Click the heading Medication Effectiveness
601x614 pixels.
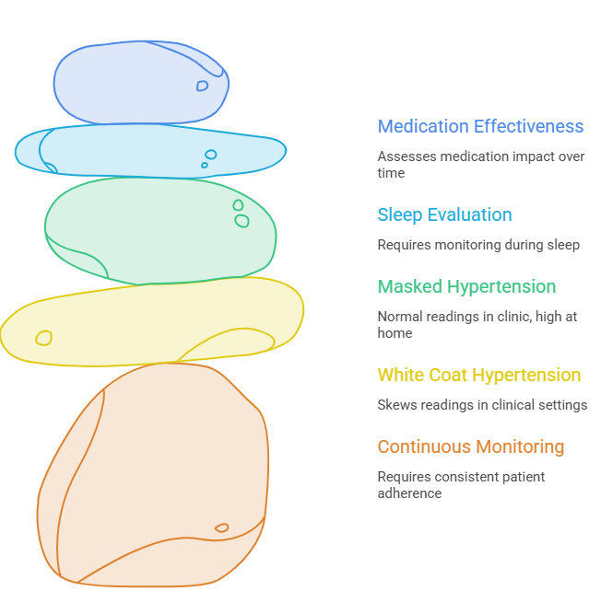pyautogui.click(x=480, y=126)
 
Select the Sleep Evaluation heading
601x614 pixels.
pyautogui.click(x=444, y=215)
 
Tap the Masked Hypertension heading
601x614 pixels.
pyautogui.click(x=466, y=286)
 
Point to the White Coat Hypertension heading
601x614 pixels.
pyautogui.click(x=479, y=376)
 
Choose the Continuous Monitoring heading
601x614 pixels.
pyautogui.click(x=471, y=446)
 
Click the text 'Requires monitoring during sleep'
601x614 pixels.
pyautogui.click(x=478, y=245)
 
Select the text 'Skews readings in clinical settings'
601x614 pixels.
pyautogui.click(x=482, y=405)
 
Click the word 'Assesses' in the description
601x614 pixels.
pyautogui.click(x=407, y=156)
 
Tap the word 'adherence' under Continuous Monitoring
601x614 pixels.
pyautogui.click(x=409, y=493)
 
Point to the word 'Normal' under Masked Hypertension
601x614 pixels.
pyautogui.click(x=399, y=317)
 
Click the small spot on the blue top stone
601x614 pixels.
pyautogui.click(x=202, y=86)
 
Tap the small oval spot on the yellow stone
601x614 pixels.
pyautogui.click(x=43, y=339)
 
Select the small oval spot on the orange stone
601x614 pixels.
pyautogui.click(x=222, y=527)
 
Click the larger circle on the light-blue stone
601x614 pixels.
pyautogui.click(x=211, y=155)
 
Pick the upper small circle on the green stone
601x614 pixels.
pyautogui.click(x=238, y=205)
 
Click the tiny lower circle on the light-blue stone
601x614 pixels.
pyautogui.click(x=205, y=166)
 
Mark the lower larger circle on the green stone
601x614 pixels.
pyautogui.click(x=242, y=221)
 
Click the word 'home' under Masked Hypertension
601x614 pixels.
pyautogui.click(x=395, y=333)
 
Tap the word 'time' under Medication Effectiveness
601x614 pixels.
pyautogui.click(x=391, y=173)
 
